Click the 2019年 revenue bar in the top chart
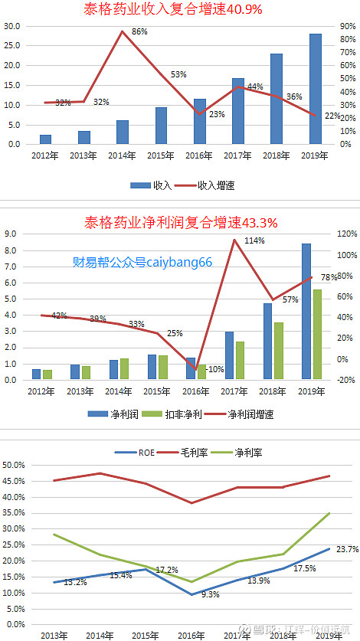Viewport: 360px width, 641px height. (315, 89)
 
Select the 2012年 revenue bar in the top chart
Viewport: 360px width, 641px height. (46, 139)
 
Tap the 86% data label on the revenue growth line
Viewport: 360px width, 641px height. (139, 32)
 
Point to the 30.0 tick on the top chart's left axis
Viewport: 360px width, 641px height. (11, 25)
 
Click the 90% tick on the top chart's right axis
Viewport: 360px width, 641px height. (347, 25)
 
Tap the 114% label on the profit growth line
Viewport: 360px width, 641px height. (255, 240)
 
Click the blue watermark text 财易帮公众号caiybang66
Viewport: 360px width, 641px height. (142, 262)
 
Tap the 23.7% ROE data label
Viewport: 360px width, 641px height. (347, 548)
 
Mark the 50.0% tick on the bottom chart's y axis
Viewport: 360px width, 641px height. (15, 465)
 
